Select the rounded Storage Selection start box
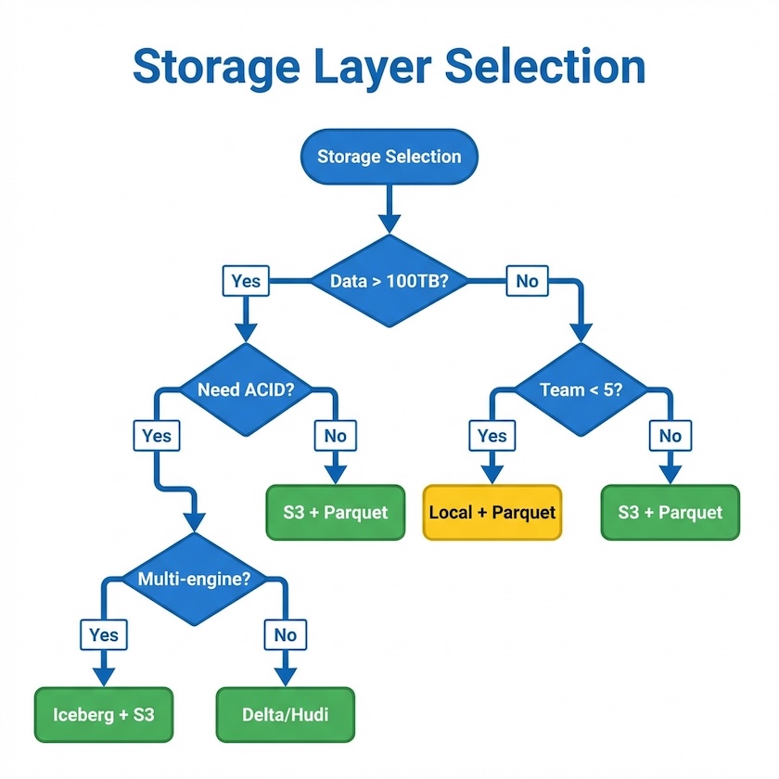tap(389, 156)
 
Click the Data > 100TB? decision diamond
tap(389, 280)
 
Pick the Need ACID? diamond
tap(246, 389)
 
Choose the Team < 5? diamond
tap(581, 389)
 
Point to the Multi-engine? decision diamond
tap(194, 580)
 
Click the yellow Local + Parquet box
tap(492, 512)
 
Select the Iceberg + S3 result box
tap(104, 715)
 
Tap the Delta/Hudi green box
tap(286, 715)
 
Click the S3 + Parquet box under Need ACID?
tap(336, 512)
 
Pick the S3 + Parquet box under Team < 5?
tap(670, 512)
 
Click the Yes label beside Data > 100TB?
tap(246, 280)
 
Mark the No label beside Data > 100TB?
tap(527, 280)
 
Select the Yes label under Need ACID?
tap(158, 435)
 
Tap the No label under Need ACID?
tap(336, 435)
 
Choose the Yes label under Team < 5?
tap(492, 435)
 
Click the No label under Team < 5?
tap(670, 435)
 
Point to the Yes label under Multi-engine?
tap(104, 634)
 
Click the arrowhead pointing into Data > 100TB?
tap(389, 223)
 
